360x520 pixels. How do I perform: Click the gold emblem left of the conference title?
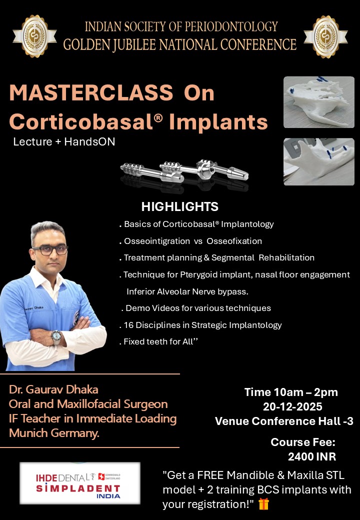pos(34,36)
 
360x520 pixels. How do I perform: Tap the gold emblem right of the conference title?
pos(325,36)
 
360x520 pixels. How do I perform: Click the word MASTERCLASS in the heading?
pos(91,92)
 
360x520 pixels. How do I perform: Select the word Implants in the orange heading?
pos(218,121)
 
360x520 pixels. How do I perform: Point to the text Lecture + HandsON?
pos(64,141)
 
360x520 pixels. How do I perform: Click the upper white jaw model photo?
pos(319,102)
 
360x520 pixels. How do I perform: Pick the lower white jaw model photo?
pos(319,161)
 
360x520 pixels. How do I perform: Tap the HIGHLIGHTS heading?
pos(179,206)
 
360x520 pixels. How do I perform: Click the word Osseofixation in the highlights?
pos(234,241)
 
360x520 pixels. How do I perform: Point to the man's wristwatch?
pos(56,337)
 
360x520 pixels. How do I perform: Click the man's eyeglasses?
pos(50,250)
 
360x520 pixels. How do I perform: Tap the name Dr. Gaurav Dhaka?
pos(53,389)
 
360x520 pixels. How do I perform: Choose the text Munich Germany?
pos(54,433)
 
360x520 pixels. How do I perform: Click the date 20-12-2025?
pos(292,406)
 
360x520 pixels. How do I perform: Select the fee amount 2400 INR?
pos(312,456)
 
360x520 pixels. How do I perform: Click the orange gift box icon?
pos(263,504)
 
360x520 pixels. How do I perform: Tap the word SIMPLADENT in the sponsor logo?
pos(78,488)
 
